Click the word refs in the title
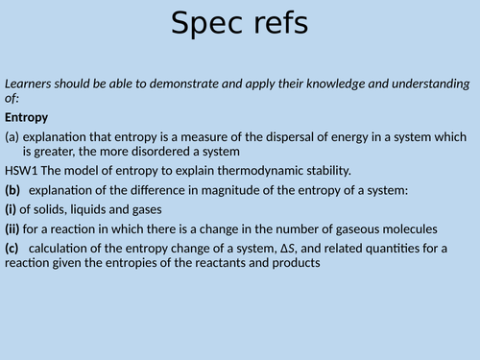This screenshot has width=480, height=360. tap(276, 24)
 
